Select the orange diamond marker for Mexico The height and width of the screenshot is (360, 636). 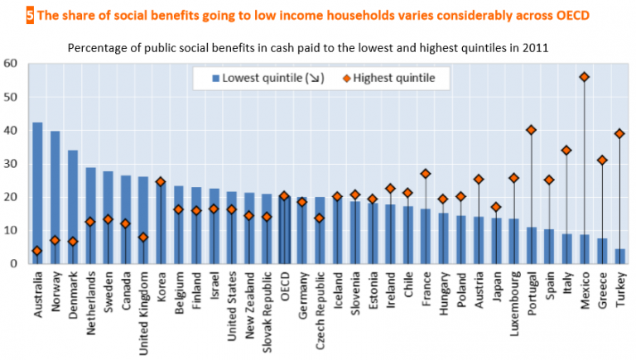pos(585,77)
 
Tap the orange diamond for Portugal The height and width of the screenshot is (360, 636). pos(531,130)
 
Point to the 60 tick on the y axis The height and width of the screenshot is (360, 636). pos(11,63)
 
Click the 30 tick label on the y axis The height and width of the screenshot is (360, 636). pos(11,163)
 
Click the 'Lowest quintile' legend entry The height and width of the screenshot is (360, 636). pos(265,79)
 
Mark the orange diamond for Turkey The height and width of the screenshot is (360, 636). pos(619,133)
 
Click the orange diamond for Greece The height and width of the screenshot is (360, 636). pos(602,160)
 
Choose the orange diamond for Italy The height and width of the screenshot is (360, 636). pos(566,150)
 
